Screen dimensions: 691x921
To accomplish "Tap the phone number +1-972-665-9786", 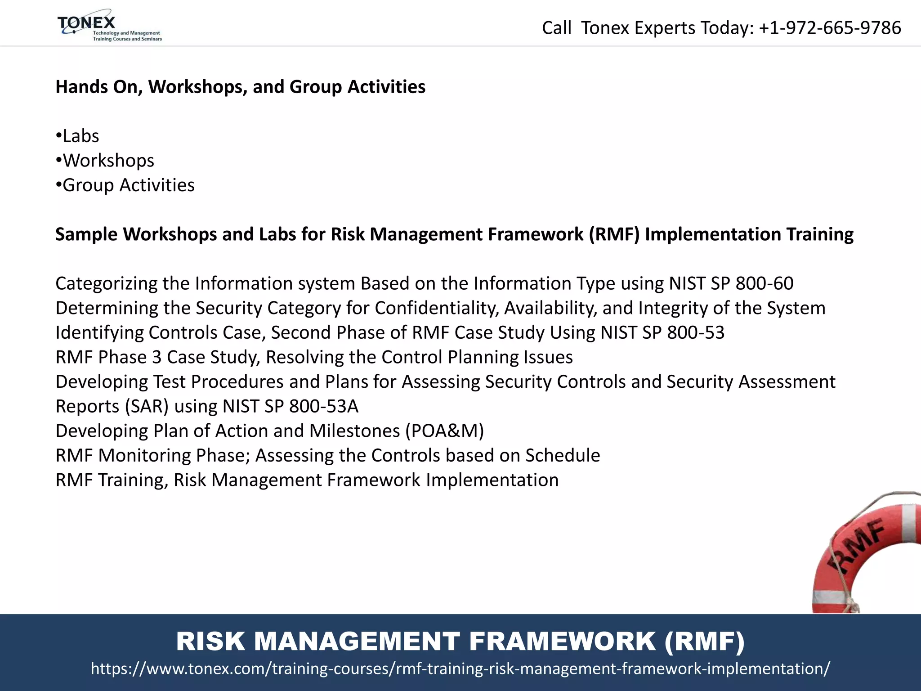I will (830, 28).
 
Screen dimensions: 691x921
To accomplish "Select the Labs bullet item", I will (80, 136).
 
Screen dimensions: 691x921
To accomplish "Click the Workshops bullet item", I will (108, 161).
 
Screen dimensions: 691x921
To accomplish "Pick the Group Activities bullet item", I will (128, 185).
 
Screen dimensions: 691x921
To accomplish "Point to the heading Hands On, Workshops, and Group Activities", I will (240, 87).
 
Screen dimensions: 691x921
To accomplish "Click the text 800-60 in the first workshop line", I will (764, 283).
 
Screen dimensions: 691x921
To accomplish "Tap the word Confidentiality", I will (436, 308).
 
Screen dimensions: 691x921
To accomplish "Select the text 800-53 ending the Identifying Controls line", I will (695, 332).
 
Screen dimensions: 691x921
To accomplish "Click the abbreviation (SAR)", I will (147, 406).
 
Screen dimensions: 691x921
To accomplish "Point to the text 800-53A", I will (323, 406).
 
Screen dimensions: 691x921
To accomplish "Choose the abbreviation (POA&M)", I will (444, 431).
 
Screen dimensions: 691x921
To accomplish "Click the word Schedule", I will (562, 455).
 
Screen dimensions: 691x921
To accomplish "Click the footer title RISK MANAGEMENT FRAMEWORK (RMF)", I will (460, 641).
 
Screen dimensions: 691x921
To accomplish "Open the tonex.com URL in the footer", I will (460, 669).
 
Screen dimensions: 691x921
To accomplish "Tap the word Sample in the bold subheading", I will (86, 234).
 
